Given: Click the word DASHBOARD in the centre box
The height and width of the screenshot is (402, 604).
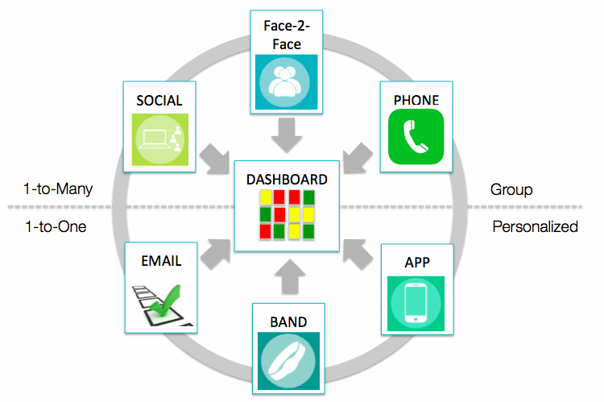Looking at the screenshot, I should [287, 180].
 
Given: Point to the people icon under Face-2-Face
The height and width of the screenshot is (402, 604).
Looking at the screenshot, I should [286, 82].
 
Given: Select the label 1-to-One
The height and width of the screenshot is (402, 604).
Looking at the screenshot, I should [55, 226].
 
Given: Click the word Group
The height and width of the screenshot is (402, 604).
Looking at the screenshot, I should [511, 190].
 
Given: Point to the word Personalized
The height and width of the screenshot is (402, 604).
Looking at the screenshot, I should [535, 226].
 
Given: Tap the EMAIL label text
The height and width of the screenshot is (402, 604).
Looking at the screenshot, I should [160, 261].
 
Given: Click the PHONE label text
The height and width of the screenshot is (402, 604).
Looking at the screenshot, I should [416, 100].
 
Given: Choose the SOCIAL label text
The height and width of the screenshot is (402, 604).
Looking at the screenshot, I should [159, 101].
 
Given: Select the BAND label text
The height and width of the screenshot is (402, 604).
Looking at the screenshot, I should [288, 322].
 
